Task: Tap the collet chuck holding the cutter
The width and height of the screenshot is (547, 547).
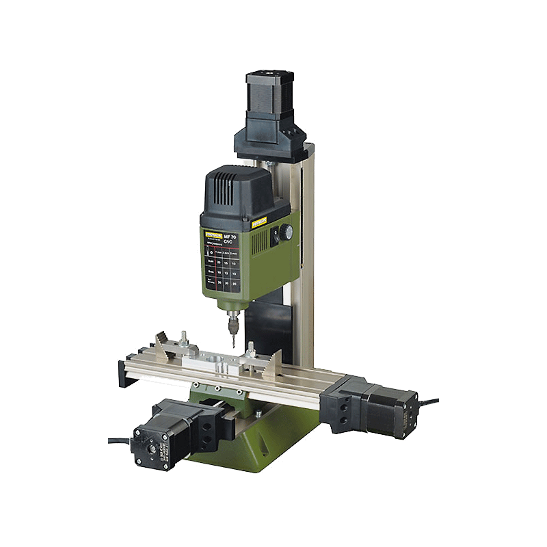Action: (x=231, y=316)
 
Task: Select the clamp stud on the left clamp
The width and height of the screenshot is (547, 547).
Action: (x=184, y=338)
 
